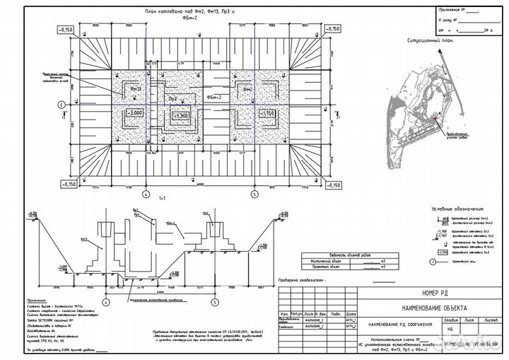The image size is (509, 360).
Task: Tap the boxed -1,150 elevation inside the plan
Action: click(266, 113)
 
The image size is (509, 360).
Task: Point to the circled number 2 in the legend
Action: click(433, 261)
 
